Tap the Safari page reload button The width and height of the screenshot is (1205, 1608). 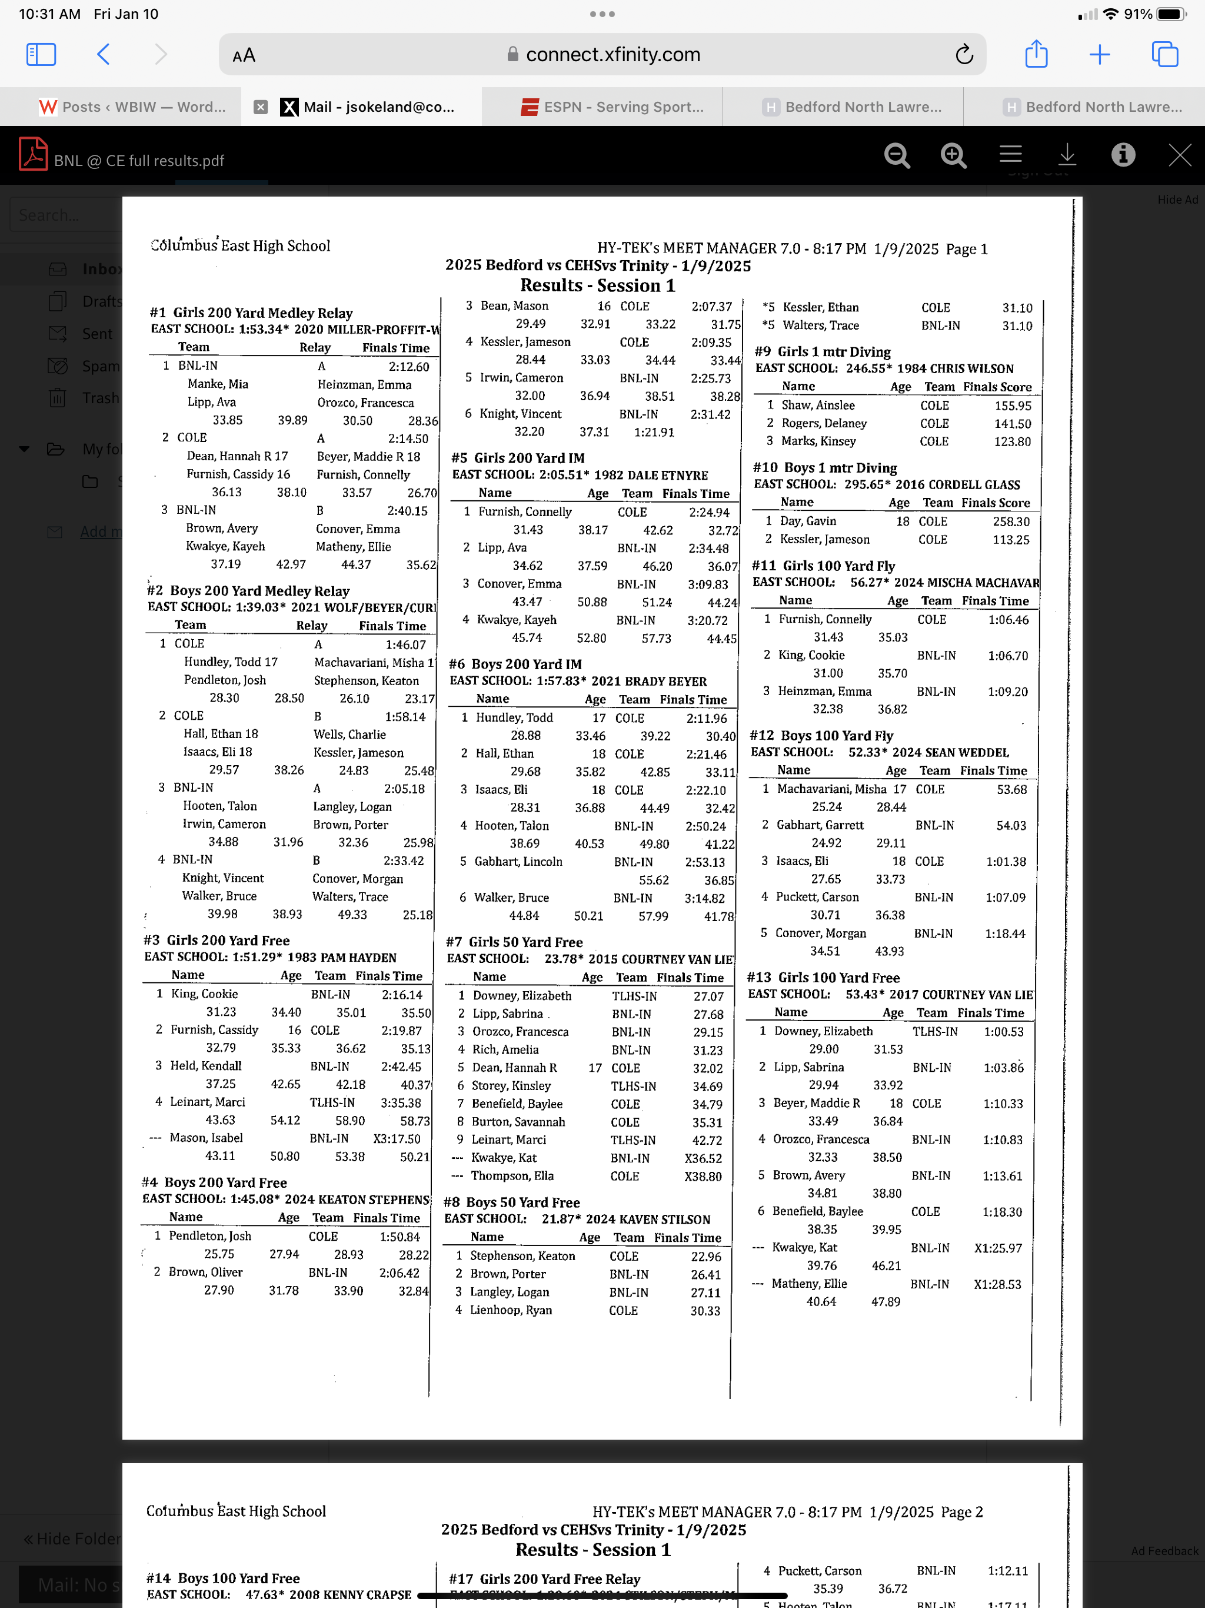[964, 55]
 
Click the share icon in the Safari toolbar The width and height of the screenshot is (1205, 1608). [1036, 55]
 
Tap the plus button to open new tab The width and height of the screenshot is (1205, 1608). [1100, 55]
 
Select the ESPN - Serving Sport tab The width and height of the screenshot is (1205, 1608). [613, 107]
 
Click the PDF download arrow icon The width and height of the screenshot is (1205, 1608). [1067, 154]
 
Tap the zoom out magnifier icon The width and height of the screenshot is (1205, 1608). [897, 155]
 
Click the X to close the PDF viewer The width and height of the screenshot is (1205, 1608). [1180, 154]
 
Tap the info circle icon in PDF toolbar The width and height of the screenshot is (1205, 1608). [1123, 154]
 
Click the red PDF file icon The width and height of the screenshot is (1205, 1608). [34, 155]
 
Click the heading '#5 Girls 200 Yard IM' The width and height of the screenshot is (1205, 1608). [518, 458]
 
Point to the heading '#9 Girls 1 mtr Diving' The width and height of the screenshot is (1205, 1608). [823, 352]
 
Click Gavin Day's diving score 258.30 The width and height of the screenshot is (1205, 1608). [1011, 522]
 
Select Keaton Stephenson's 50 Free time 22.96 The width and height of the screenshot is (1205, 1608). [705, 1256]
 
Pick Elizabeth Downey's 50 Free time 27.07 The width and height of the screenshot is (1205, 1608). [708, 996]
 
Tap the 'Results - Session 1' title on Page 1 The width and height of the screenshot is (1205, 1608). [597, 285]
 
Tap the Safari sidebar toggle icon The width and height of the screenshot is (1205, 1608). [41, 55]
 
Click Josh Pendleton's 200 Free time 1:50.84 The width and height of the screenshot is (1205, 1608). [400, 1237]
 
